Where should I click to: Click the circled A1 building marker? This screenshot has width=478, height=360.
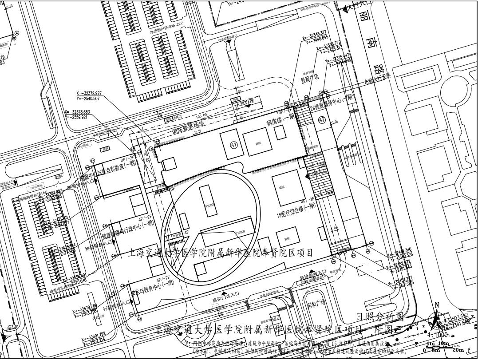(234, 145)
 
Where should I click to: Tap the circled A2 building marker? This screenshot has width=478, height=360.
(322, 120)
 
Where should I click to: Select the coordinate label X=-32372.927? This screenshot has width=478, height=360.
(89, 93)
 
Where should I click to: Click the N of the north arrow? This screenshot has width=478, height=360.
(437, 305)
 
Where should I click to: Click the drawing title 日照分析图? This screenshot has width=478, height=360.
(381, 316)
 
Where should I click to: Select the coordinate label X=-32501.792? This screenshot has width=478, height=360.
(94, 334)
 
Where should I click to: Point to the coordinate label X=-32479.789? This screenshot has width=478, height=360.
(85, 307)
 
